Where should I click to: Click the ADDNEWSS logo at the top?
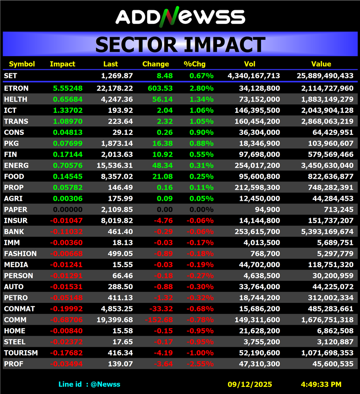click(180, 16)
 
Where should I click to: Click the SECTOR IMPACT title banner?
click(180, 45)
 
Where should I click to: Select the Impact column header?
click(62, 64)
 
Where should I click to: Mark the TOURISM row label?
click(21, 353)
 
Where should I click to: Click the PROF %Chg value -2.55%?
click(200, 364)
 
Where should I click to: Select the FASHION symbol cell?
click(20, 254)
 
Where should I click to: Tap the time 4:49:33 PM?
click(321, 384)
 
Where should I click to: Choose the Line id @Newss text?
click(89, 384)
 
